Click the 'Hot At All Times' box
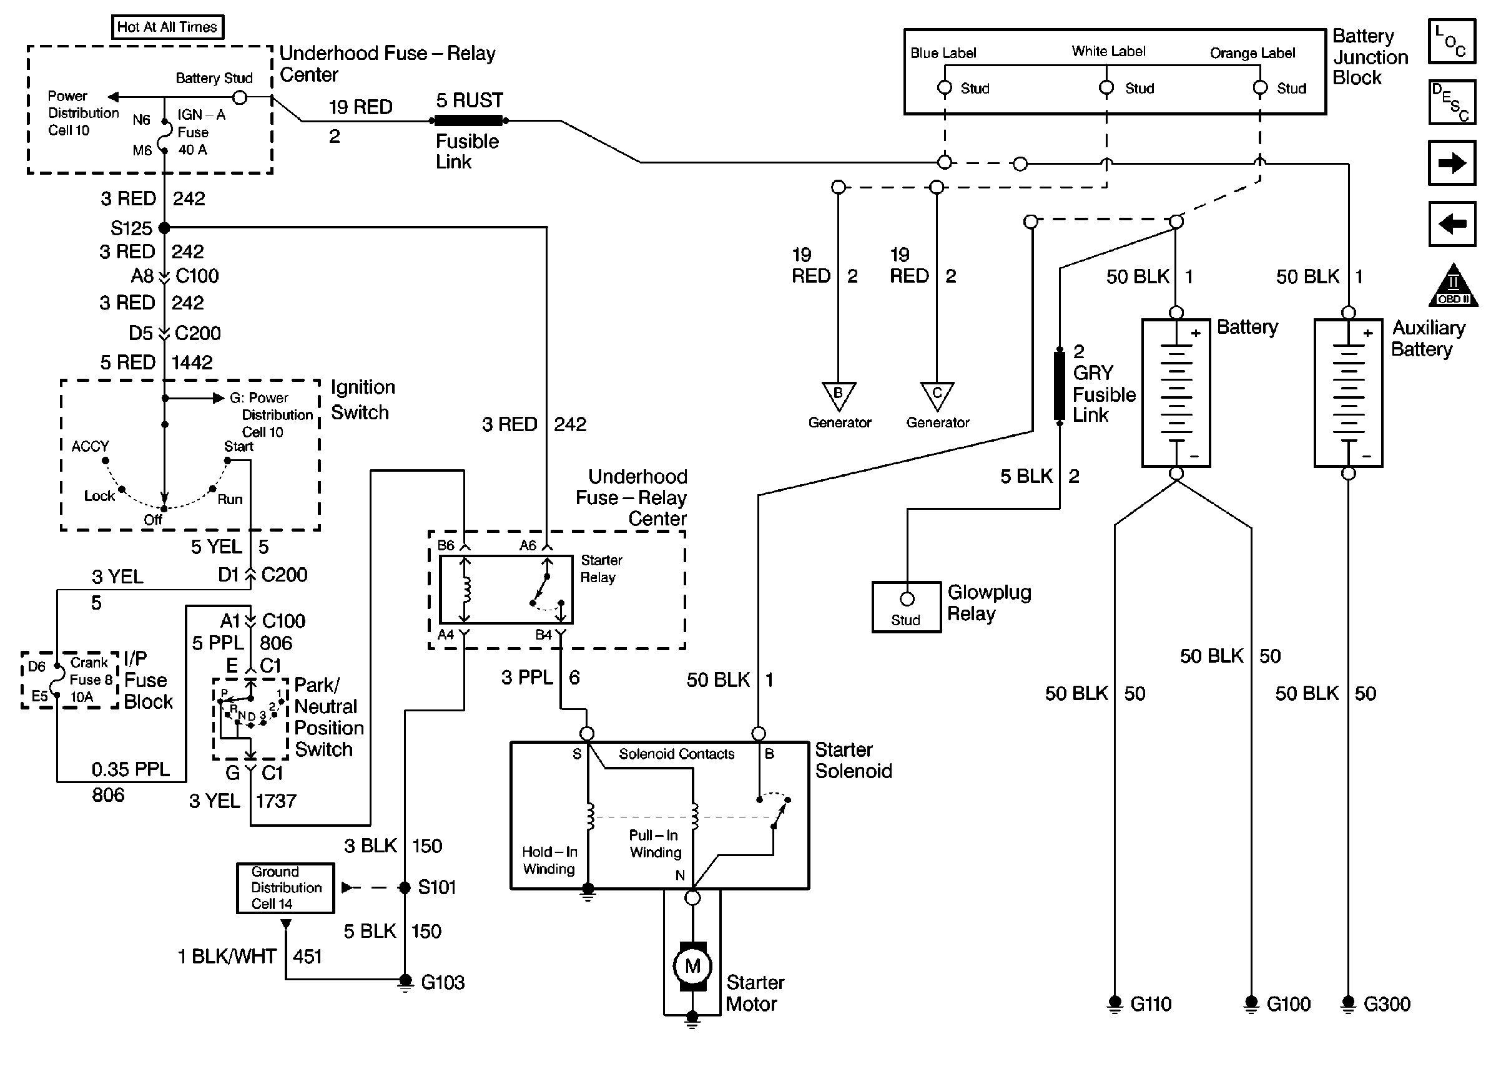pos(167,27)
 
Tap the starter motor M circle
pos(692,967)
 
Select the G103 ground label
pos(443,983)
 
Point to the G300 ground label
pos(1386,1004)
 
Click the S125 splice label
pos(131,228)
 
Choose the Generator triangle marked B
pos(838,395)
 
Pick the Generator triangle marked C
pos(937,395)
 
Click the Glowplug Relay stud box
pos(906,607)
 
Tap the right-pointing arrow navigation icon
pos(1452,163)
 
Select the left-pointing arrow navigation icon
pos(1452,225)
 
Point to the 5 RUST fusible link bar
pos(468,121)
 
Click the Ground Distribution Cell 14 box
pos(285,888)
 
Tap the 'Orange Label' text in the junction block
pos(1252,53)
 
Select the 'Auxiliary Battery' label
pos(1427,338)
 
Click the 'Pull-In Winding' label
pos(654,844)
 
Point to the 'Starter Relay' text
pos(600,568)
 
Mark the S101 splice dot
pos(405,888)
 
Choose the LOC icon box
pos(1452,41)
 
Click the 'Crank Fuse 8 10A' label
pos(90,680)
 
